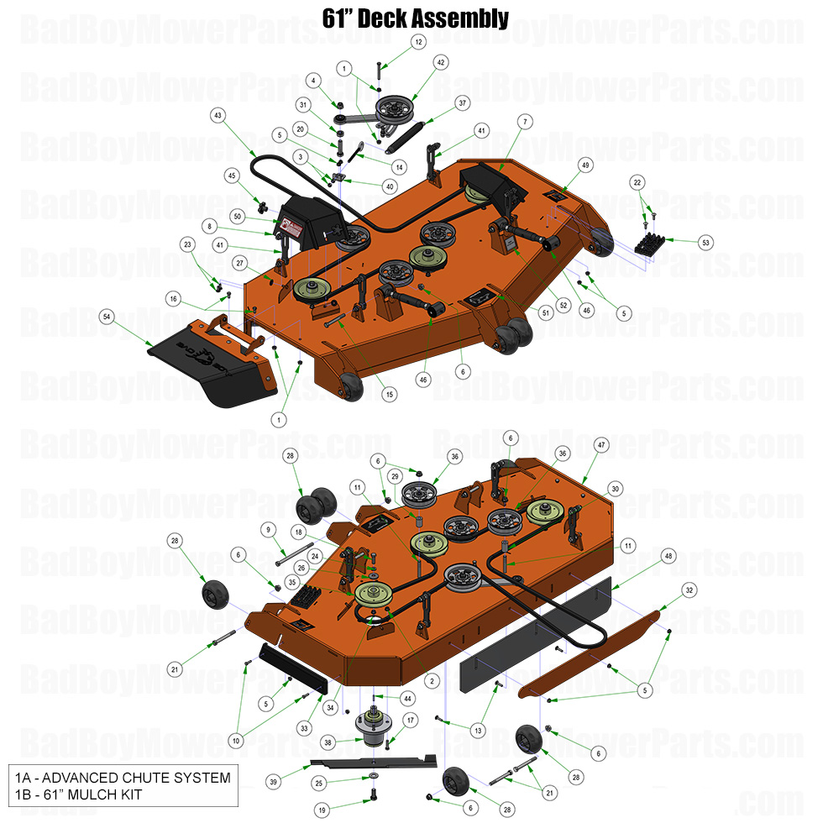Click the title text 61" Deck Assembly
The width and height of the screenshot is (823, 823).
coord(415,18)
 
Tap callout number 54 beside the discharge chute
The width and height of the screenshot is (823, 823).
coord(107,317)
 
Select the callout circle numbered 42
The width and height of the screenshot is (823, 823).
coord(441,63)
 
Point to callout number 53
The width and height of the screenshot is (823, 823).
coord(705,242)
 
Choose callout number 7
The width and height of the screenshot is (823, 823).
coord(525,122)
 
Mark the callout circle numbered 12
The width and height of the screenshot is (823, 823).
coord(418,41)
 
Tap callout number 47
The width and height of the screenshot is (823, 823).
coord(600,443)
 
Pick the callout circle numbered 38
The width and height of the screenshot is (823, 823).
coord(328,742)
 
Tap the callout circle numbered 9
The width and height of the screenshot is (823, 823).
coord(269,529)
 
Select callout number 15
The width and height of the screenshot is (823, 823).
coord(389,394)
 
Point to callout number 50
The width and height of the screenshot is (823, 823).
coord(239,217)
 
